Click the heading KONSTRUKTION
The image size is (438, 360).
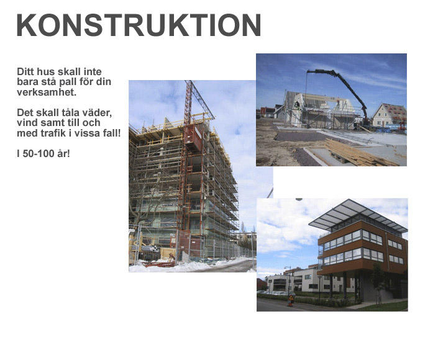[x=139, y=25]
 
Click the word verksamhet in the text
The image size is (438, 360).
[x=47, y=92]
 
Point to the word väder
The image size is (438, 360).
[x=98, y=113]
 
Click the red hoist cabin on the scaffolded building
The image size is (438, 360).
[x=193, y=138]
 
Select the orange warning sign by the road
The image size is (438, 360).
[x=291, y=298]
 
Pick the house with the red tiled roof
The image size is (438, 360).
[x=390, y=115]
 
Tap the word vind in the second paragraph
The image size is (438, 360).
[x=26, y=123]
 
